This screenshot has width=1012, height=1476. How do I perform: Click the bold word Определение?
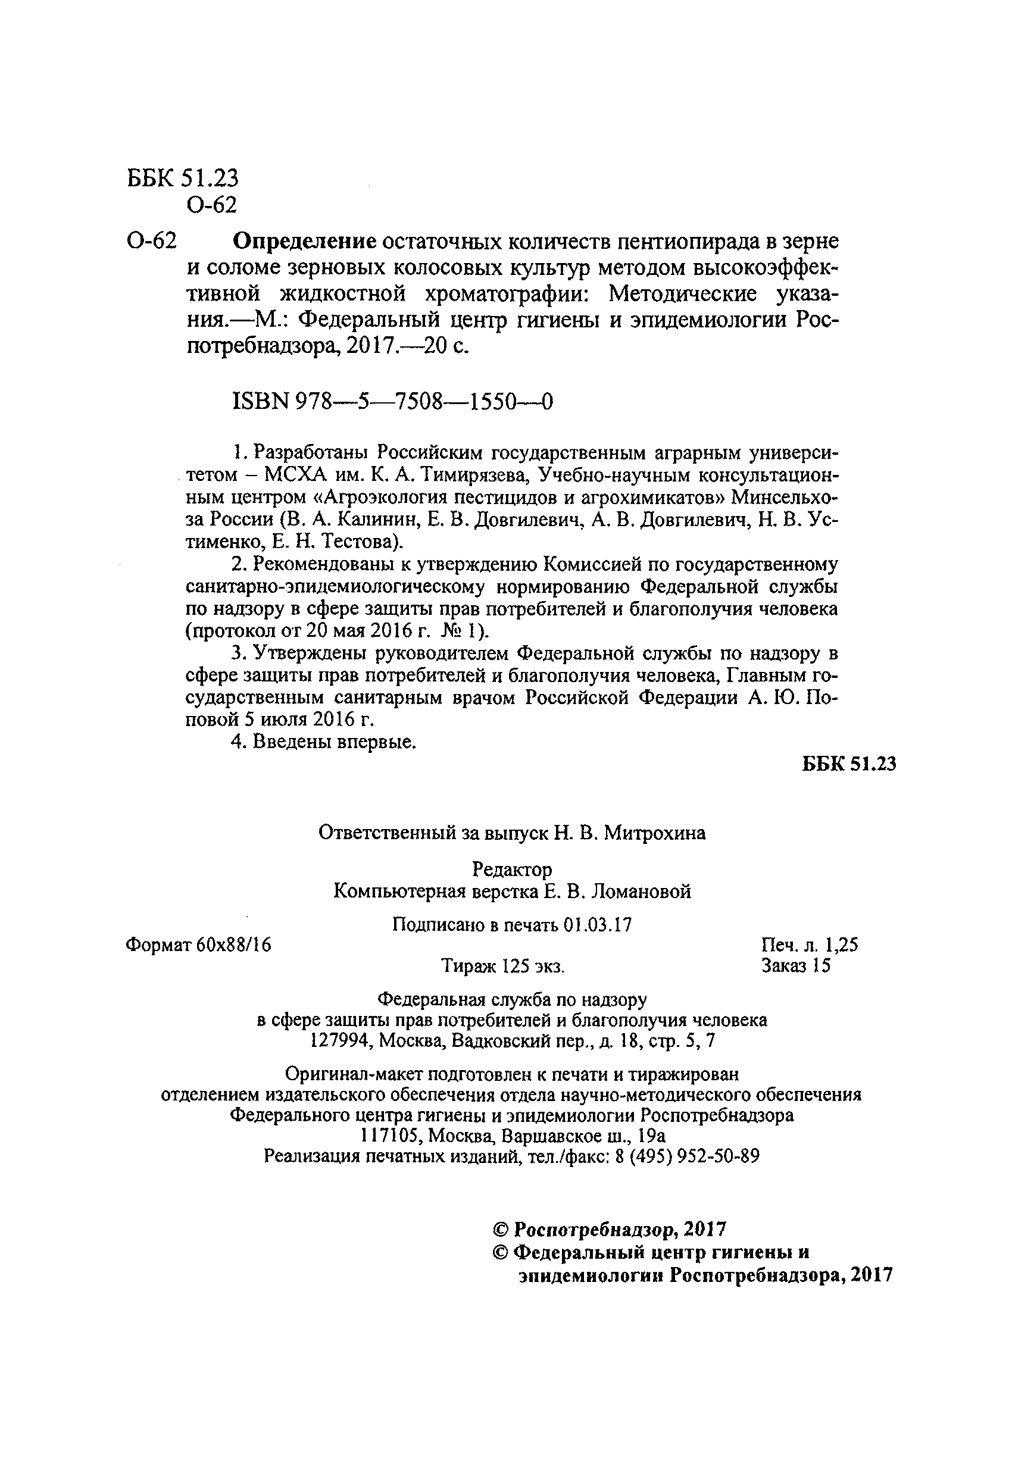point(305,242)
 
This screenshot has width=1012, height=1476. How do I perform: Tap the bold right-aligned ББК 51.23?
point(849,764)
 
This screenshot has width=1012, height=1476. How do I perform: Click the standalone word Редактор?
point(513,869)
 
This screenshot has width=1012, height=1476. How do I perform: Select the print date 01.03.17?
point(597,925)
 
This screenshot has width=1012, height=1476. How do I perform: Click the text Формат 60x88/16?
point(199,945)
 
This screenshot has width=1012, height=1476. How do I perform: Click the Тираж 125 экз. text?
point(502,967)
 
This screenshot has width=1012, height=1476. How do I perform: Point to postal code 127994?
point(336,1041)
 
